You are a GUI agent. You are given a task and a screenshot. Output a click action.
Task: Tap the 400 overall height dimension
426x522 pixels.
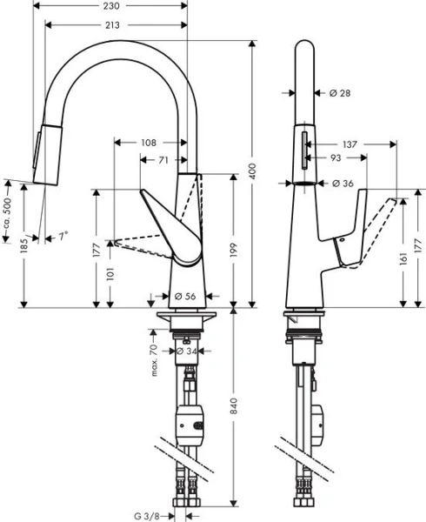(x=253, y=172)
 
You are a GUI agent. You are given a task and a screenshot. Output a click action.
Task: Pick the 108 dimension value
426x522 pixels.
(x=150, y=140)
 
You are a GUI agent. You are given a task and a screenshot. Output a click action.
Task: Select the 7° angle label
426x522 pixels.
(x=61, y=236)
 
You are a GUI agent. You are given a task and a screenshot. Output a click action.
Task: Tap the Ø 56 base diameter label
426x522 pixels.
(x=183, y=296)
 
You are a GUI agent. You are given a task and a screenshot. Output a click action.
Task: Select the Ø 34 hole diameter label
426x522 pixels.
(x=185, y=351)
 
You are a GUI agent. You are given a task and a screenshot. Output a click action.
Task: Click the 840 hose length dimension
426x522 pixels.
(x=233, y=416)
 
